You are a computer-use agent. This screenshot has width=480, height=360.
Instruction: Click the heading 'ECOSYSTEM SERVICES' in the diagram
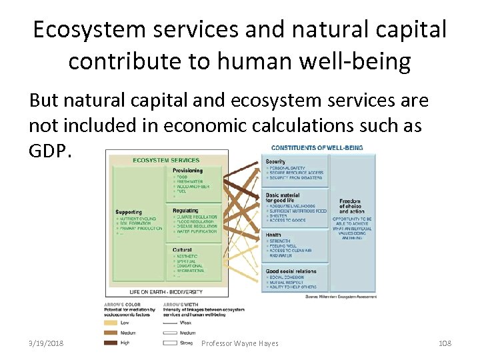[166, 160]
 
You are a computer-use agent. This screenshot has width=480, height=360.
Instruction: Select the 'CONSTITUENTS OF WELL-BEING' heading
[317, 147]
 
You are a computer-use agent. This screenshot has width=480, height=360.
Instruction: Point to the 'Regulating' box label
[185, 211]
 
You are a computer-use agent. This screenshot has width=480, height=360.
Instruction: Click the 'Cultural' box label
[181, 250]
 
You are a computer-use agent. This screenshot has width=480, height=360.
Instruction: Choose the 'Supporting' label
[128, 213]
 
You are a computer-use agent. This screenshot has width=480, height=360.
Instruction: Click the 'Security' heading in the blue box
[275, 162]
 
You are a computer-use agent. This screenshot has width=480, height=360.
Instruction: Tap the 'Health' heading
[273, 235]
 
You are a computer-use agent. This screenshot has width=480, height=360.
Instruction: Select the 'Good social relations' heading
[291, 271]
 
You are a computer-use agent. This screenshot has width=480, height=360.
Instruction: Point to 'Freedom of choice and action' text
[351, 206]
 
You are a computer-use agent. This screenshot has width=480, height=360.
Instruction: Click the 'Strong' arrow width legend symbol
[169, 343]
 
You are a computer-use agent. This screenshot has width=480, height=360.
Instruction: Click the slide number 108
[445, 343]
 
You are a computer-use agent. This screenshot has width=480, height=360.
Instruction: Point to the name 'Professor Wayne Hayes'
[240, 343]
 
